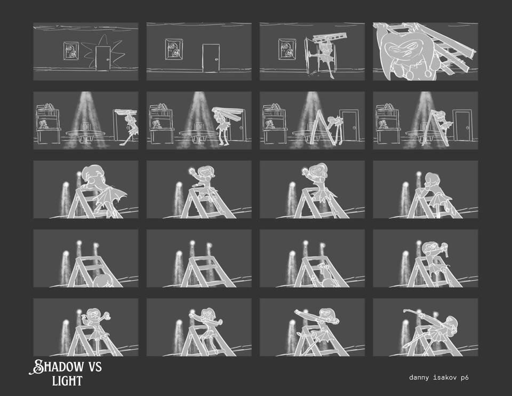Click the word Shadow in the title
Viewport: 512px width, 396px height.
(x=57, y=367)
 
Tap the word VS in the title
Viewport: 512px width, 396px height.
(x=95, y=367)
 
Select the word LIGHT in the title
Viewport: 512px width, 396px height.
(x=67, y=381)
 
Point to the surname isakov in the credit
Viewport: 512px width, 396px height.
(x=445, y=377)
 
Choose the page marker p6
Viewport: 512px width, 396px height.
(x=465, y=378)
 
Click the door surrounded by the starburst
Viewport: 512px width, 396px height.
(x=103, y=58)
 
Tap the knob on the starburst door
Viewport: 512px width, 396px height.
(x=107, y=59)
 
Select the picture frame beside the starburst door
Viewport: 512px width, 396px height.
(x=71, y=51)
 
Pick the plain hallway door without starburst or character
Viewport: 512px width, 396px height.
(x=211, y=58)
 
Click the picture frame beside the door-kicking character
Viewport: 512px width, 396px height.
(x=287, y=49)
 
